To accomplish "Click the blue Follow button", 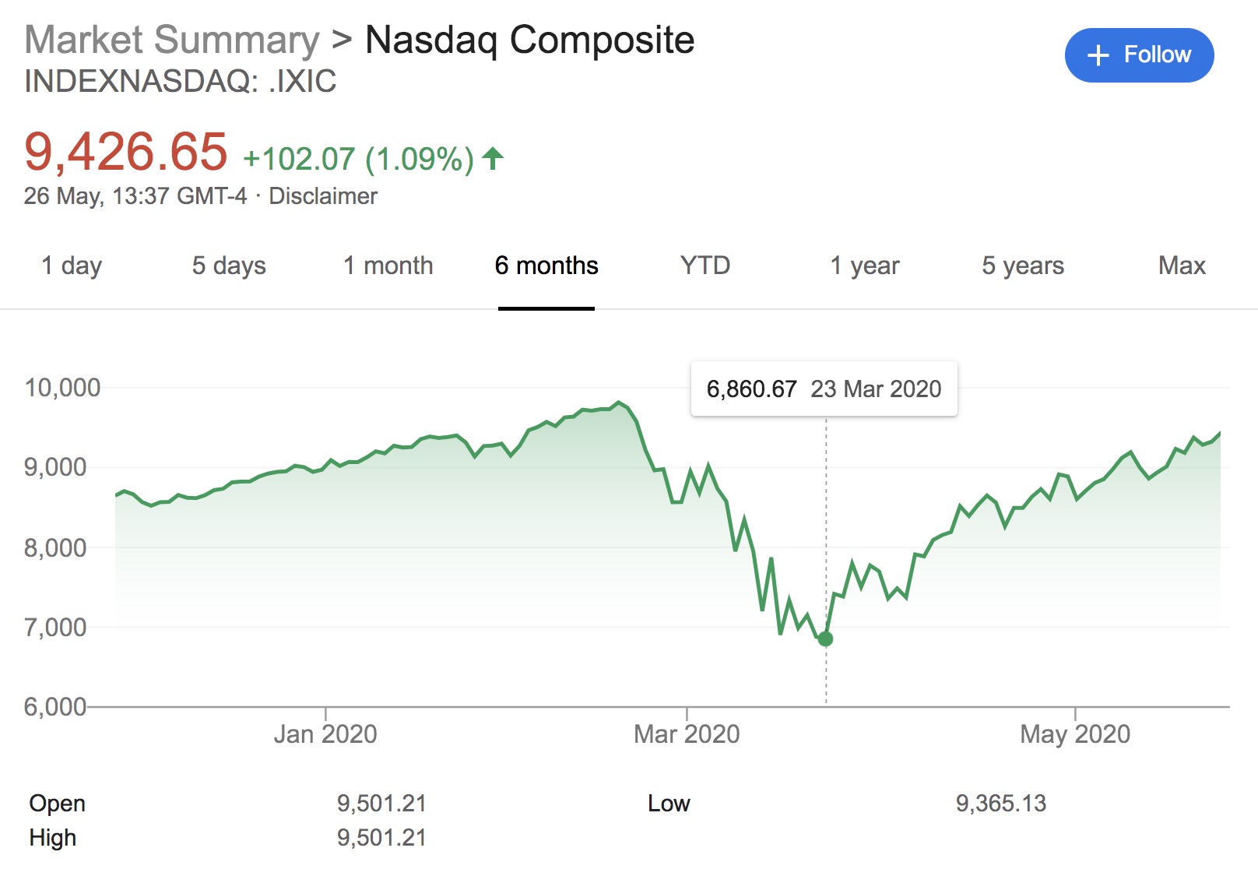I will click(x=1139, y=55).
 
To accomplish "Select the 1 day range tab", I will click(x=72, y=266).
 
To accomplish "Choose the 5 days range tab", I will click(x=229, y=266).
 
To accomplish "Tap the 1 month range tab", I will click(x=388, y=266).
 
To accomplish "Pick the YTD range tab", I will click(x=705, y=266).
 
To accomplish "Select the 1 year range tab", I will click(x=864, y=266).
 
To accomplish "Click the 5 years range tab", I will click(x=1022, y=266).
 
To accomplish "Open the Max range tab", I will click(x=1182, y=266).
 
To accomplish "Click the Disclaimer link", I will click(x=323, y=196).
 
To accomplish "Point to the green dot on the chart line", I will click(x=826, y=639).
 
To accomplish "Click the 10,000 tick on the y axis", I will click(x=62, y=388).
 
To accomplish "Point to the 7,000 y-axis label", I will click(x=55, y=628).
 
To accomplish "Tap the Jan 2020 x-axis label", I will click(x=325, y=734).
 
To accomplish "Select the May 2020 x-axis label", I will click(x=1075, y=734).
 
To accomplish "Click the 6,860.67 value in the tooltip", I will click(x=751, y=389).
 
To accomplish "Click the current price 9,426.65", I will click(x=126, y=152).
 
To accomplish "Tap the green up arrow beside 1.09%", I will click(x=493, y=159).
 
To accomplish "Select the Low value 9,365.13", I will click(x=1001, y=804).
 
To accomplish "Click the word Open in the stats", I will click(x=58, y=804).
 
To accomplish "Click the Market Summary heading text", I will click(x=172, y=40).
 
